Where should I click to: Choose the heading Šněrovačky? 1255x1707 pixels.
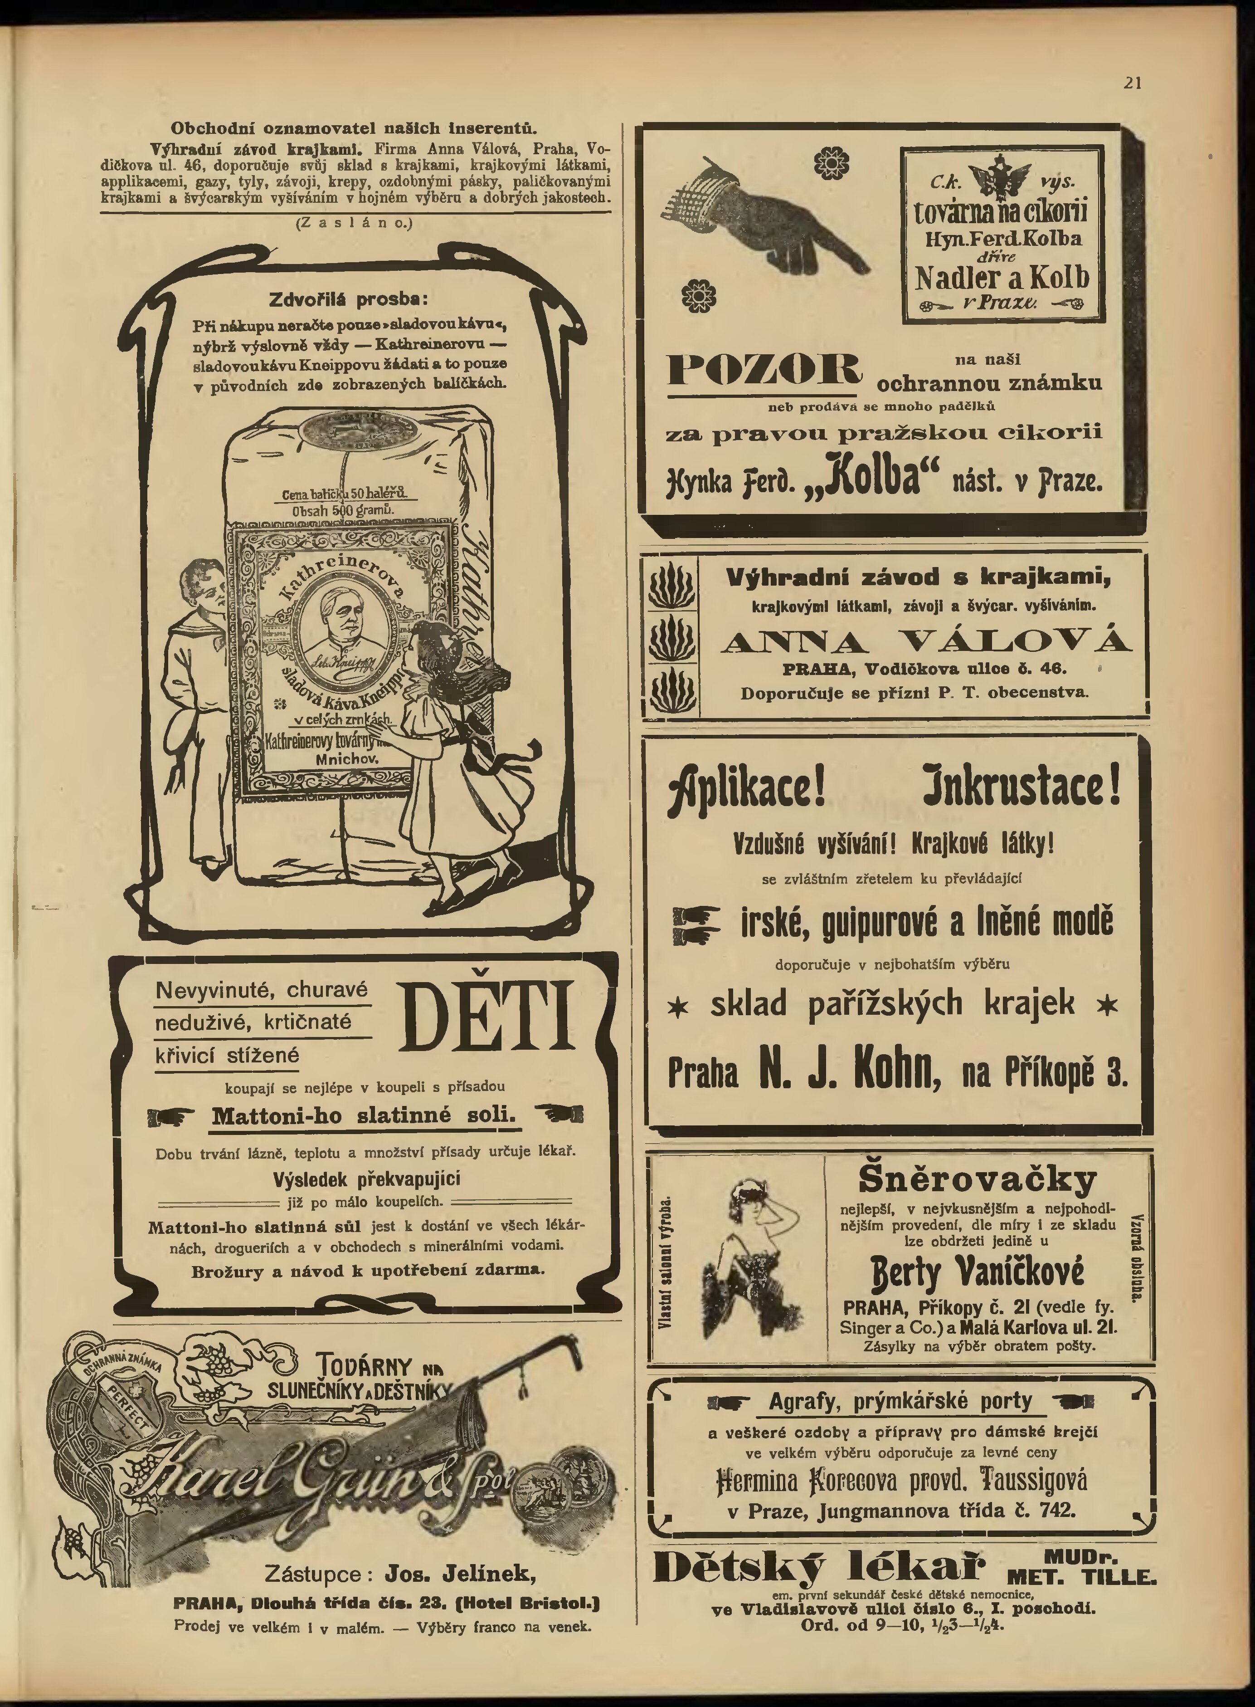978,1179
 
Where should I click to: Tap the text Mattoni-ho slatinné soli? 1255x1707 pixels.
364,1116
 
